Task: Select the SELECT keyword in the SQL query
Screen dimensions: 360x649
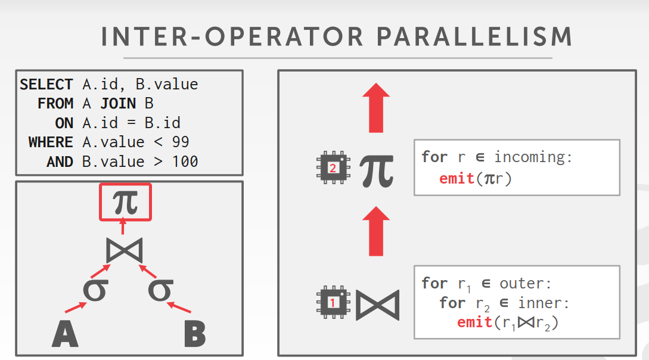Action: (x=46, y=85)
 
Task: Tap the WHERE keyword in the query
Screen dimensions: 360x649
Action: (x=51, y=142)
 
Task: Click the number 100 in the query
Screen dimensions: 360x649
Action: (x=185, y=162)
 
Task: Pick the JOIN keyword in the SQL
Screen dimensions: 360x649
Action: (x=118, y=104)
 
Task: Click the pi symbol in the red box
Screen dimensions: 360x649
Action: (x=125, y=201)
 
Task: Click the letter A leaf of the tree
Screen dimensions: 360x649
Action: (x=65, y=334)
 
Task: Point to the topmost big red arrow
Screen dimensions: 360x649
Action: (x=375, y=107)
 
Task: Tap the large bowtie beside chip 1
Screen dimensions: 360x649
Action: (x=377, y=305)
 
